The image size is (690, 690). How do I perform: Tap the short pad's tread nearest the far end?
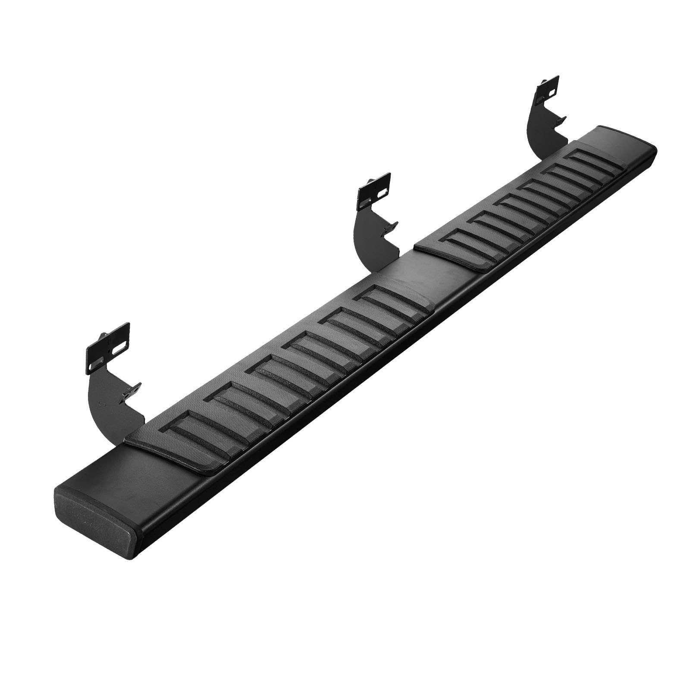pos(595,158)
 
